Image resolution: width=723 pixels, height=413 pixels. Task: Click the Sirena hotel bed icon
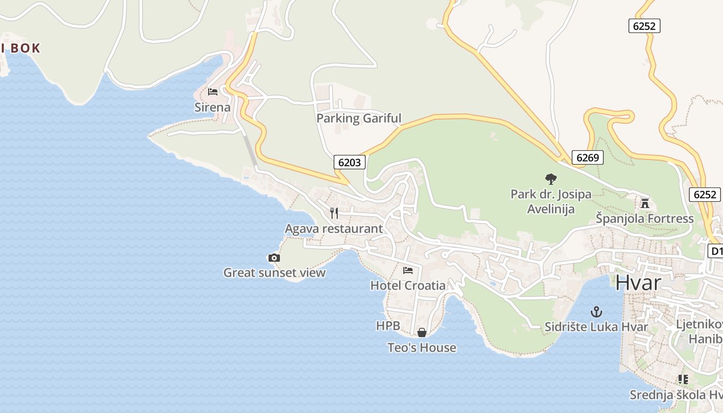pos(212,92)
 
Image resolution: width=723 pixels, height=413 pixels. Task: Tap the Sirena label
pos(212,107)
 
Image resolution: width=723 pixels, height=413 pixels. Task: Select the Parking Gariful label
pos(358,118)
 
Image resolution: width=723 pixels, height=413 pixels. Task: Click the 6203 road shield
pos(350,162)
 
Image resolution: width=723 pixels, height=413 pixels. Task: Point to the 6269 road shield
pos(587,157)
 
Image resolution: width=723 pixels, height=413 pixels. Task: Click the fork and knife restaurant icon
pos(334,213)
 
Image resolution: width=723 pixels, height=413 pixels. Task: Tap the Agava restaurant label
pos(334,229)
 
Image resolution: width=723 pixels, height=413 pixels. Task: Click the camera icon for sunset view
pos(274,258)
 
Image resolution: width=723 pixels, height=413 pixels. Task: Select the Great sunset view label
pos(274,273)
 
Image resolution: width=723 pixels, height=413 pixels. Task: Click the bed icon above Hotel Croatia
pos(408,270)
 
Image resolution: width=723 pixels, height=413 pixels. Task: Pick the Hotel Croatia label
pos(408,285)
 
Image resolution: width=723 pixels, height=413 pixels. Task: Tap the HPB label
pos(388,326)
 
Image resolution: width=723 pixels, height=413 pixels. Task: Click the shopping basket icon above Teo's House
pos(422,332)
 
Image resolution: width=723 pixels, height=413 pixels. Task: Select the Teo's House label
pos(422,347)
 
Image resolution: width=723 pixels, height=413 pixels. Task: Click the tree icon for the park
pos(551,179)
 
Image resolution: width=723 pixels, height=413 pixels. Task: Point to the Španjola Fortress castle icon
pos(645,203)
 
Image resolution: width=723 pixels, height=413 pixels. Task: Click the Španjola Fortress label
pos(645,218)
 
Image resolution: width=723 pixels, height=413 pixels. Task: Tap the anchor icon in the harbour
pos(596,312)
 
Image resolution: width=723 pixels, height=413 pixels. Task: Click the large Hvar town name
pos(638,282)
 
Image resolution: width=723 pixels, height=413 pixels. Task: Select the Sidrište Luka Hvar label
pos(596,327)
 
